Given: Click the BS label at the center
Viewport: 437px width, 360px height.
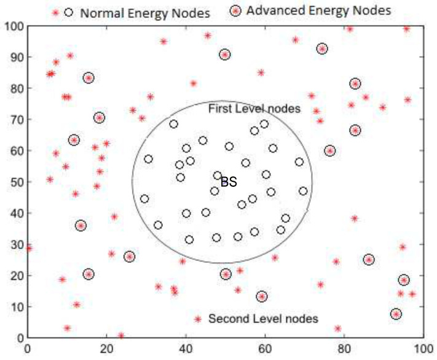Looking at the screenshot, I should coord(229,181).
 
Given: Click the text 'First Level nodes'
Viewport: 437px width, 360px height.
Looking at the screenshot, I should coord(254,109).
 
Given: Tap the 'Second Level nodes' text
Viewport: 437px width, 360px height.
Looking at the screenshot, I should coord(263,319).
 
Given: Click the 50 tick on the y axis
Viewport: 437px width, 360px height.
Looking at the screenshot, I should coord(14,182).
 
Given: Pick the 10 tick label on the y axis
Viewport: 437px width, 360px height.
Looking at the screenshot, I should coord(14,307).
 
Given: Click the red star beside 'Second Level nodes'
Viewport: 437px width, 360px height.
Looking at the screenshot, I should coord(197,319).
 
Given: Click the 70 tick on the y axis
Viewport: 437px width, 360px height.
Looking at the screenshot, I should coord(14,120).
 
